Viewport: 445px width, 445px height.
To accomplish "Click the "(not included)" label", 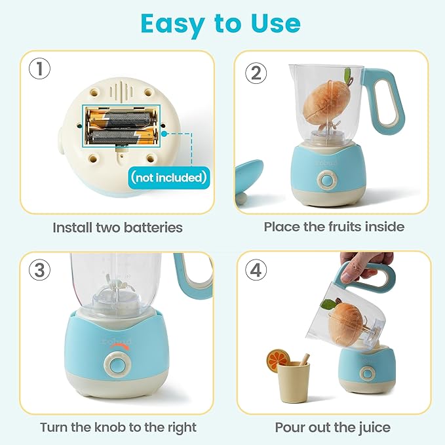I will click(168, 177).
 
